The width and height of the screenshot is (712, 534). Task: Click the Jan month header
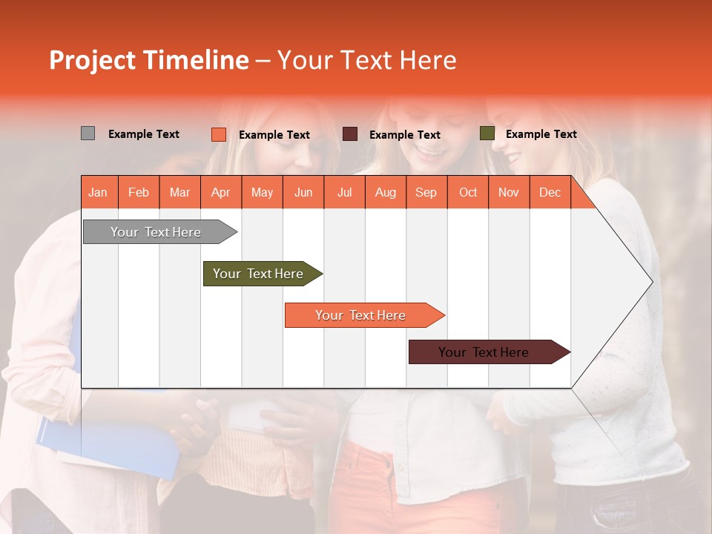(x=98, y=193)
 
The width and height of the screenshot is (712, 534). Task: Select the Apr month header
(x=220, y=193)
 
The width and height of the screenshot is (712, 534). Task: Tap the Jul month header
(x=344, y=193)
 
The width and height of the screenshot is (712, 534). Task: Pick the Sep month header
(x=426, y=193)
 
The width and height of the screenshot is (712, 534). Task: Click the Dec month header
(x=550, y=193)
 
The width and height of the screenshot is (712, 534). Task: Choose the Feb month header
(x=139, y=193)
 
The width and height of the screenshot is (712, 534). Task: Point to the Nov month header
(x=508, y=193)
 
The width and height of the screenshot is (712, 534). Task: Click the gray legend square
(x=88, y=133)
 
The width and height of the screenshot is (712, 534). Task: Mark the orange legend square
(x=218, y=134)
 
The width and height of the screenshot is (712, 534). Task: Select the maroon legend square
(x=350, y=133)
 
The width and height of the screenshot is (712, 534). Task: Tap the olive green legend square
(x=487, y=133)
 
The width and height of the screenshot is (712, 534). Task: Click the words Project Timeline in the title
(x=148, y=60)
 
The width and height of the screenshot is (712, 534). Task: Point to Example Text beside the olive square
(x=541, y=134)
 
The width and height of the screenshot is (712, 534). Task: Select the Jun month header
(x=303, y=193)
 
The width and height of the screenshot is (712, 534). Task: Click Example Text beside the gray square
(x=143, y=134)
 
